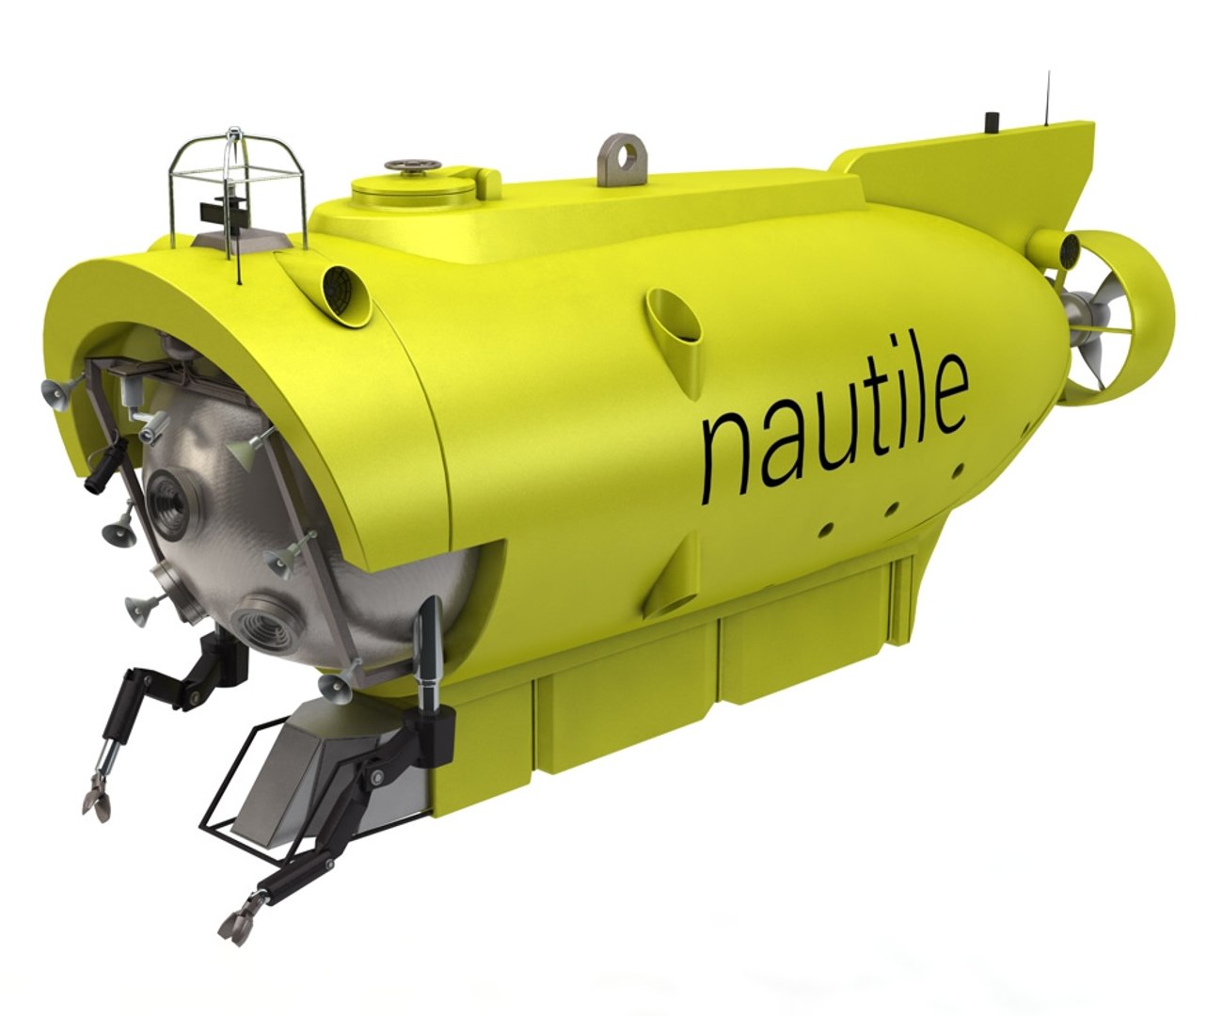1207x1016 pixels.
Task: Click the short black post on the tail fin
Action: (x=990, y=122)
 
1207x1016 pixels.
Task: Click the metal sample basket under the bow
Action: (x=282, y=771)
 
